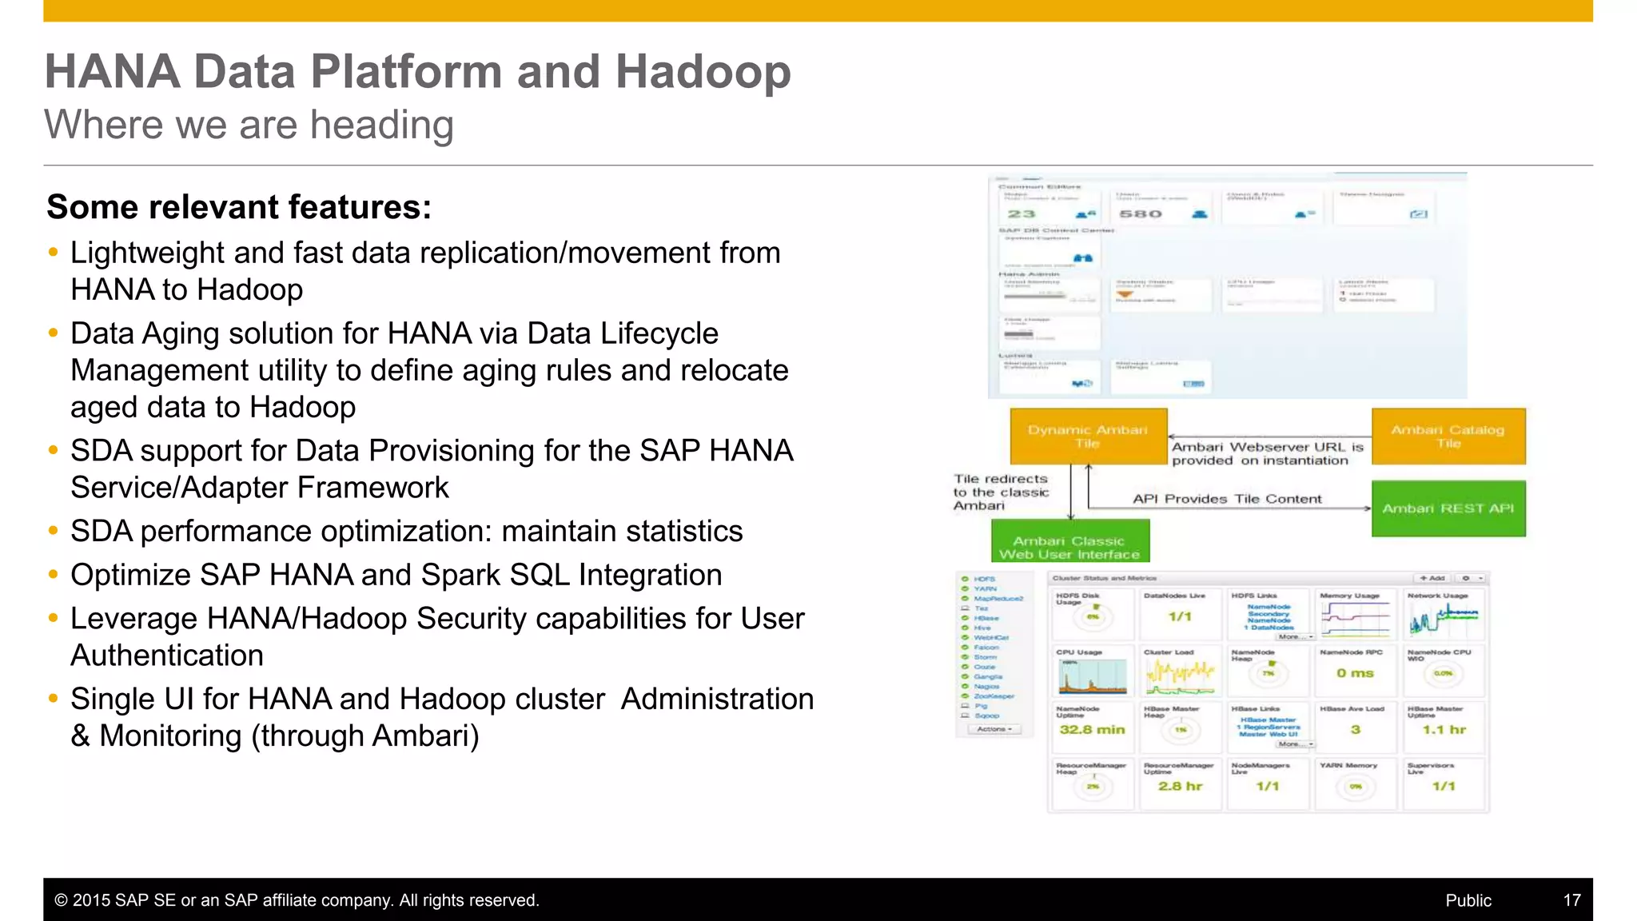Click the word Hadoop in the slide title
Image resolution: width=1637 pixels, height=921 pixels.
pos(703,72)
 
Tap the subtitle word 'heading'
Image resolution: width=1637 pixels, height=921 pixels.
pos(381,126)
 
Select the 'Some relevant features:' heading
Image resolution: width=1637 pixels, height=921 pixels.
pos(239,207)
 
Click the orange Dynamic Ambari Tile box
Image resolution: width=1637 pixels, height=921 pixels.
pos(1088,437)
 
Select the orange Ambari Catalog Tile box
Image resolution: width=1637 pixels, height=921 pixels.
pos(1448,437)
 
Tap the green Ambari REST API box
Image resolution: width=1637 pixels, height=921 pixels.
pos(1448,508)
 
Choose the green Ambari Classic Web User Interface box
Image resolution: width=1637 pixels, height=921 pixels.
pos(1069,548)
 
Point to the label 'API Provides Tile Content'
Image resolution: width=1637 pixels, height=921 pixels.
pos(1226,499)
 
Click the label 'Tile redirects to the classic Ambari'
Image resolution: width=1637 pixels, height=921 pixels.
pos(1000,492)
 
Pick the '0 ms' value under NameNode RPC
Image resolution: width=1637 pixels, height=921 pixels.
pos(1355,673)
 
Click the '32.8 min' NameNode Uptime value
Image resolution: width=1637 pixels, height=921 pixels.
pos(1092,730)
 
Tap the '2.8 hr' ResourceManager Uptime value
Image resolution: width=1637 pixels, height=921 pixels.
pos(1180,787)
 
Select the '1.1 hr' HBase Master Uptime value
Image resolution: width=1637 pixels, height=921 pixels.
pos(1444,730)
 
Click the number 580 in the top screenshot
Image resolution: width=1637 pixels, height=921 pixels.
pos(1140,214)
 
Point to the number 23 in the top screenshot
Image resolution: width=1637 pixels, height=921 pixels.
pos(1021,214)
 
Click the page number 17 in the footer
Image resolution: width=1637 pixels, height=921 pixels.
pos(1571,900)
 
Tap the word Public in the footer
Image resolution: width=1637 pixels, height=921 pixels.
pos(1468,900)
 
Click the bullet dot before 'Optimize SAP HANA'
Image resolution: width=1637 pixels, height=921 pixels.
pos(54,575)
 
